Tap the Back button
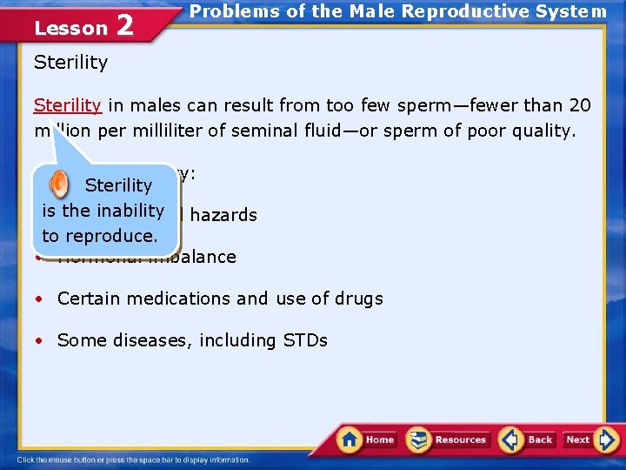pyautogui.click(x=528, y=440)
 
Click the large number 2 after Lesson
pyautogui.click(x=124, y=26)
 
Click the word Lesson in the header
pyautogui.click(x=70, y=28)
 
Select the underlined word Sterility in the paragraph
pyautogui.click(x=68, y=105)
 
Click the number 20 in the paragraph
pyautogui.click(x=579, y=105)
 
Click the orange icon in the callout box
pyautogui.click(x=58, y=184)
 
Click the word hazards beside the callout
pyautogui.click(x=223, y=215)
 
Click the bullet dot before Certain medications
pyautogui.click(x=39, y=299)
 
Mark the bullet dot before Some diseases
pyautogui.click(x=39, y=341)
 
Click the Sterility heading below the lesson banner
pyautogui.click(x=70, y=63)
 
